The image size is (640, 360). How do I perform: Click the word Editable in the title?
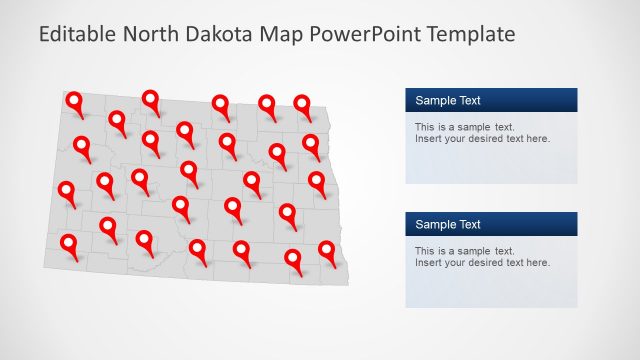click(x=77, y=35)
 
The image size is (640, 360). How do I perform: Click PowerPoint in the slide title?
click(x=366, y=35)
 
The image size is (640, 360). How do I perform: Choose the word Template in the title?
click(x=470, y=35)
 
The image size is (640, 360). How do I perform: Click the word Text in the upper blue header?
click(x=468, y=100)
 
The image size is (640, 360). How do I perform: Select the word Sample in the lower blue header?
click(x=435, y=224)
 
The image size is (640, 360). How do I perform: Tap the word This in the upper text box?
click(x=425, y=127)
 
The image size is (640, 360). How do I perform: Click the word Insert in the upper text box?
click(x=429, y=139)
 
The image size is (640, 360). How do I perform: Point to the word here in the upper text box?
click(x=537, y=139)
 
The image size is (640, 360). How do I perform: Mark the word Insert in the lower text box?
click(x=429, y=263)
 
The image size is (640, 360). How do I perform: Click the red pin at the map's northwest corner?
click(x=75, y=101)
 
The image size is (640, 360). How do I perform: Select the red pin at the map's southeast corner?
click(x=327, y=250)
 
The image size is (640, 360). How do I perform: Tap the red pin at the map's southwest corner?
click(x=69, y=243)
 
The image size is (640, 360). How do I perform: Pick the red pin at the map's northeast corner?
click(x=302, y=104)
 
